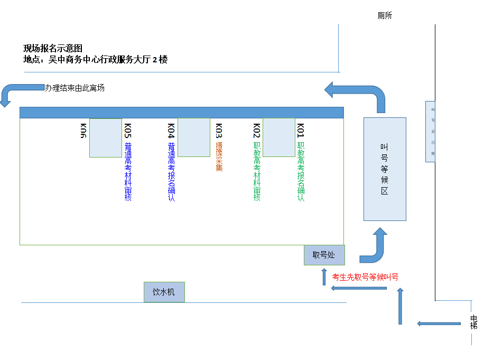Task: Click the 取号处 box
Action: tap(324, 255)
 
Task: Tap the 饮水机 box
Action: tap(164, 292)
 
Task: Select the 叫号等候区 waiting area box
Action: tap(385, 169)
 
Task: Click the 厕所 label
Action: tap(385, 16)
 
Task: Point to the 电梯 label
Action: tap(474, 322)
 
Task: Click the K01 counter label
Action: tap(301, 130)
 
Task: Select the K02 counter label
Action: tap(257, 130)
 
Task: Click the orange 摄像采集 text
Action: tap(219, 156)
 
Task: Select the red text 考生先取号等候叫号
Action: tap(365, 277)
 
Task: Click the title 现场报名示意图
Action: tap(53, 48)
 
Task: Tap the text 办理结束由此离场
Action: tap(75, 88)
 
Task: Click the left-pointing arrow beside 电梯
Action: tap(439, 324)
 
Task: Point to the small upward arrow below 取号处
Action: tap(324, 276)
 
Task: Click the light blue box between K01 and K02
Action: tap(279, 137)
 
